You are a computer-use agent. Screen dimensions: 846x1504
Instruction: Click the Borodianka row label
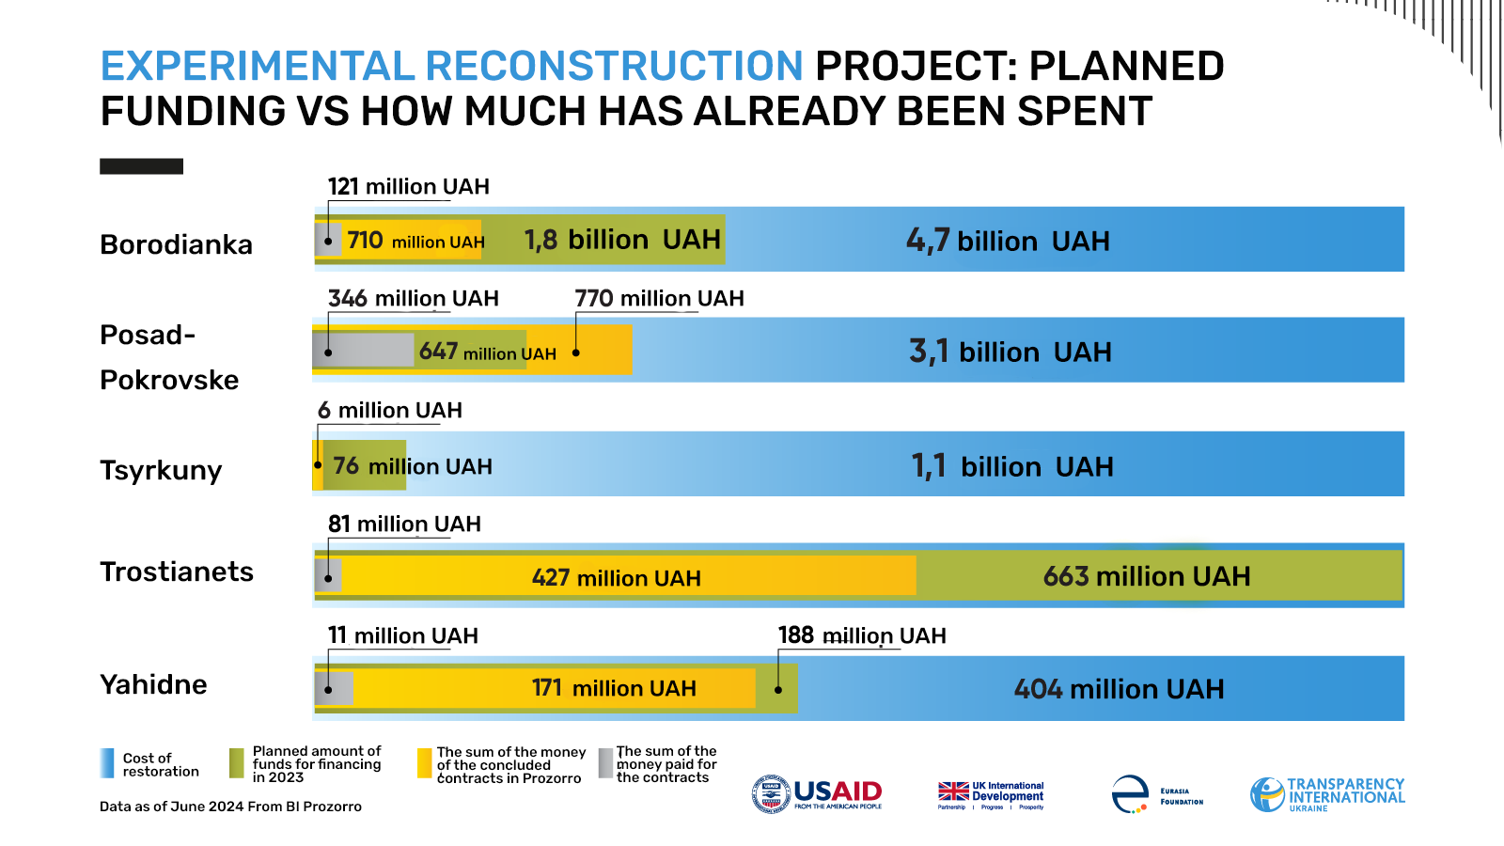click(x=176, y=244)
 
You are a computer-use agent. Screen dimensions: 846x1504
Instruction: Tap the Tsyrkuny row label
click(x=161, y=470)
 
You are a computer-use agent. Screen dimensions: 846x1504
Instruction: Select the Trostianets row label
click(x=177, y=572)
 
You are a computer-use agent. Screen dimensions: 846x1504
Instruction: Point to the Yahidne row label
click(x=153, y=684)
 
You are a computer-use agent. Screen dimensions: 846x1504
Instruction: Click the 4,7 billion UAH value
click(x=1008, y=241)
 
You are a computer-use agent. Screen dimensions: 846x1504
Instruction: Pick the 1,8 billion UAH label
click(x=622, y=240)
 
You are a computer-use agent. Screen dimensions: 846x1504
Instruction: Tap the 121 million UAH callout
click(x=408, y=186)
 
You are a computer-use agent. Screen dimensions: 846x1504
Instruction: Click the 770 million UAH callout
click(x=659, y=298)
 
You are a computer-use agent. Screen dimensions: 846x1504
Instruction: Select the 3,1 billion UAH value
click(x=1010, y=352)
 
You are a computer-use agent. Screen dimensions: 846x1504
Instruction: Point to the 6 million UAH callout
click(x=390, y=410)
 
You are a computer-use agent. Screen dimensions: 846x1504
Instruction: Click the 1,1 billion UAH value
click(x=1012, y=466)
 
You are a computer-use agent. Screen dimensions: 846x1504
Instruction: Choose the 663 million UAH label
click(x=1147, y=576)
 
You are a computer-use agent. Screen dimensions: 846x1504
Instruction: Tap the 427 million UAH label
click(x=616, y=577)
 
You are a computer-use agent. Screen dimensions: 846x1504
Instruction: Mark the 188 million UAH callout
click(x=862, y=635)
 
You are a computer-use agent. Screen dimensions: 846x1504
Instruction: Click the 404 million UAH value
click(x=1119, y=689)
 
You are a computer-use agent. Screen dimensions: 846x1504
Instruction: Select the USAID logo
click(x=817, y=793)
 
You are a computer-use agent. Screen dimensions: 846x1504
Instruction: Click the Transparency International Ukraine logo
click(x=1327, y=794)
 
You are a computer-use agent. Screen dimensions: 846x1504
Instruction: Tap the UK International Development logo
click(x=991, y=794)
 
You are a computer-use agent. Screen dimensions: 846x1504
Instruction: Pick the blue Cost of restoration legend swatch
click(x=107, y=763)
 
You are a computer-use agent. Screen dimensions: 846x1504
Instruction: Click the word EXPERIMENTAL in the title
click(x=258, y=66)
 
